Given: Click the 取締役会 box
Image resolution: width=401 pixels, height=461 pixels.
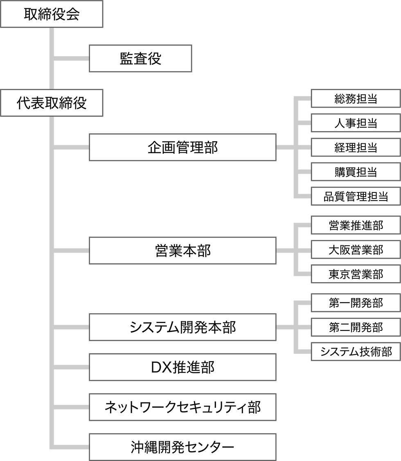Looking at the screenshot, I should (x=51, y=14).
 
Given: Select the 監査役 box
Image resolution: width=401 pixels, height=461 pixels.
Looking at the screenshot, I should (x=140, y=59).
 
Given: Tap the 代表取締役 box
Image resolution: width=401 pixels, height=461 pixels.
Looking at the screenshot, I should (x=51, y=103).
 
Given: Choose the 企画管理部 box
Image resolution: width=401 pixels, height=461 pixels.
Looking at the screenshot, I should (x=182, y=147).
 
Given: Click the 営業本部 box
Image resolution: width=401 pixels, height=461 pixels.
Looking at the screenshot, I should (x=182, y=250).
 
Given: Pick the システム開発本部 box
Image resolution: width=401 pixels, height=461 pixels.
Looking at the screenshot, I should (x=182, y=327).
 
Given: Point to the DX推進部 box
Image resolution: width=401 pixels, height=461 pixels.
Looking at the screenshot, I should (x=182, y=367).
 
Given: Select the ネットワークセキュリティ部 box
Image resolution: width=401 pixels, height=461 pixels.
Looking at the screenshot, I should (x=182, y=407).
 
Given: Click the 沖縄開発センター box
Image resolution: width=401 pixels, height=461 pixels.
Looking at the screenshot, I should (x=182, y=447).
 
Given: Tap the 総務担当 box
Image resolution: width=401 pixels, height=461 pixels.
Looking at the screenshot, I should (x=356, y=99).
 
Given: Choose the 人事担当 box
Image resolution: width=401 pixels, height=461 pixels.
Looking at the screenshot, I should (x=356, y=123).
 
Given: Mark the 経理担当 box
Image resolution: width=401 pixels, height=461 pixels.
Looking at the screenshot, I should (x=356, y=147).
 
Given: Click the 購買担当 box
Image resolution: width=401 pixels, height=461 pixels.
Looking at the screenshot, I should (x=356, y=172).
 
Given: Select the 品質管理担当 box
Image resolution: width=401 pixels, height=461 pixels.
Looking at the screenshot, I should (x=356, y=197).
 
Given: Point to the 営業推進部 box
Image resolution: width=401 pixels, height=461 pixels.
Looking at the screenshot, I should (x=356, y=225).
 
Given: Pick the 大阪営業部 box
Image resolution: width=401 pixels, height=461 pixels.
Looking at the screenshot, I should (x=356, y=249).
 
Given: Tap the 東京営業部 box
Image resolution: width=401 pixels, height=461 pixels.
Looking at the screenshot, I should (x=356, y=274).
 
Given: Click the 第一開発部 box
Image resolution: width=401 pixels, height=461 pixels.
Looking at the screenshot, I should (x=356, y=303).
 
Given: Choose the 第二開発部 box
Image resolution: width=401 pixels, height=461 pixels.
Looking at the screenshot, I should (x=356, y=327).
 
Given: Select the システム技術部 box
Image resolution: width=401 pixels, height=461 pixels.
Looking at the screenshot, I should (x=356, y=352).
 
